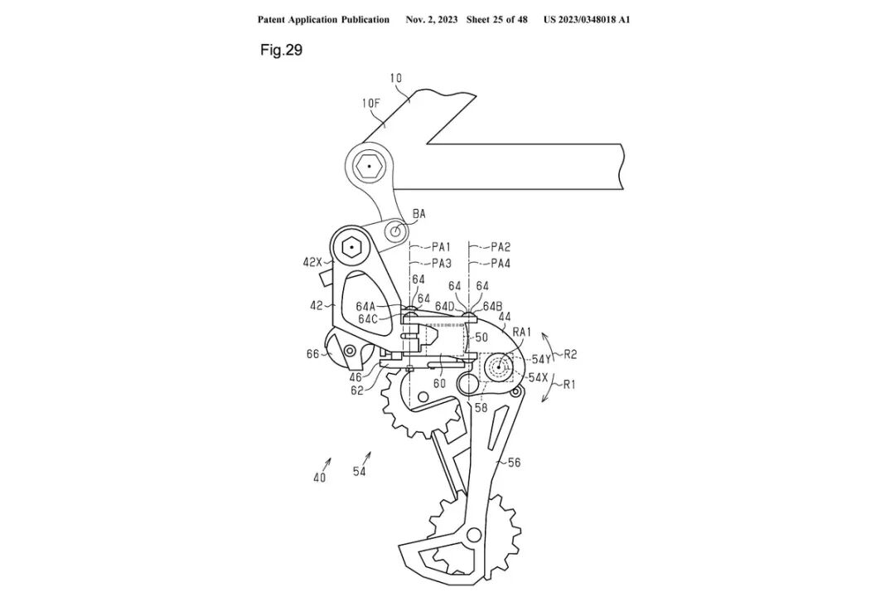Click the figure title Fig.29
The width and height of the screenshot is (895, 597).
pyautogui.click(x=282, y=51)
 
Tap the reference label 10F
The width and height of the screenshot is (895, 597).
pyautogui.click(x=370, y=104)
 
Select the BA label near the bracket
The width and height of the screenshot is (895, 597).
pyautogui.click(x=418, y=214)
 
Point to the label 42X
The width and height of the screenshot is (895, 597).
pyautogui.click(x=313, y=263)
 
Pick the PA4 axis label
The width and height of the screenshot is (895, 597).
pyautogui.click(x=500, y=264)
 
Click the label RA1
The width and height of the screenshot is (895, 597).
pyautogui.click(x=522, y=332)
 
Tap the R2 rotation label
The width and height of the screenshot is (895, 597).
pyautogui.click(x=571, y=355)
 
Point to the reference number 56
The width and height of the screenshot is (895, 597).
pyautogui.click(x=514, y=463)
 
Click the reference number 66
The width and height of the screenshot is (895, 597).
pyautogui.click(x=312, y=354)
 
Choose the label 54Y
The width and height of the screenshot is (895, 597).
pyautogui.click(x=541, y=359)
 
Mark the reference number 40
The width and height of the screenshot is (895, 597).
pyautogui.click(x=319, y=477)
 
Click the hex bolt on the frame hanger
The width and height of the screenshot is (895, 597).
pyautogui.click(x=366, y=167)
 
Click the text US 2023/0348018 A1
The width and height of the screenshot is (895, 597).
pyautogui.click(x=587, y=19)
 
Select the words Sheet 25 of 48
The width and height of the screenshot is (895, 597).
pyautogui.click(x=496, y=19)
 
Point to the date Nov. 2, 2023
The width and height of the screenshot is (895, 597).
pyautogui.click(x=431, y=19)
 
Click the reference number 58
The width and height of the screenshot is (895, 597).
pyautogui.click(x=481, y=407)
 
